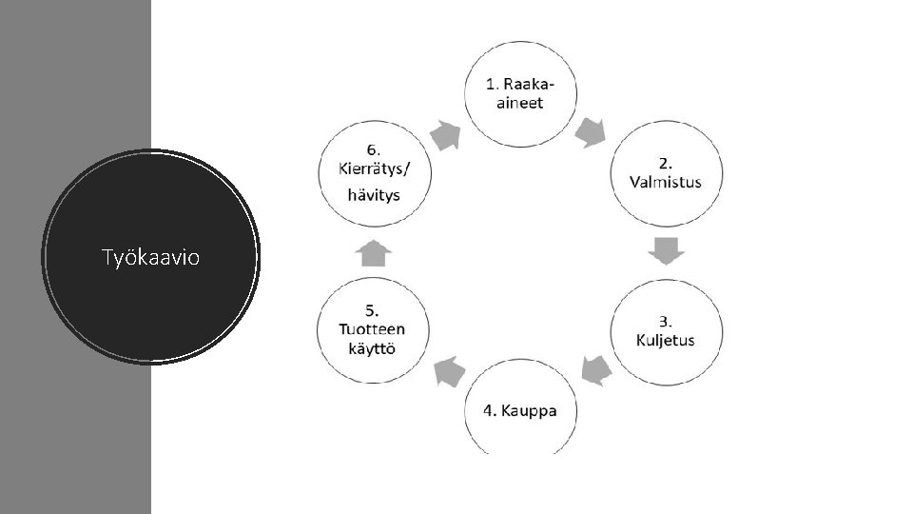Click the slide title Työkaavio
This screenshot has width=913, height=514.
point(150,256)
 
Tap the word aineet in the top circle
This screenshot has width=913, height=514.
point(519,103)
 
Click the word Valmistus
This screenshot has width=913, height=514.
point(666,183)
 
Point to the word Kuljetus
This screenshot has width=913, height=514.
point(666,340)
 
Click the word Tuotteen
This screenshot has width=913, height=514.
point(372,328)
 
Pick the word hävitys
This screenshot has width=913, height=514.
point(372,195)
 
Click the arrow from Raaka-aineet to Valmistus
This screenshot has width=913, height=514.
point(593,131)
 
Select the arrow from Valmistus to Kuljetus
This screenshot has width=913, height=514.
point(666,252)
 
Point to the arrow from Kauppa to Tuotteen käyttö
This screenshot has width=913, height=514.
point(448,371)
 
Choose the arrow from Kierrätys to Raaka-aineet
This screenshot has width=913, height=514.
point(445,134)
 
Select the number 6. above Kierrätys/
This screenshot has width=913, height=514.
point(372,150)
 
